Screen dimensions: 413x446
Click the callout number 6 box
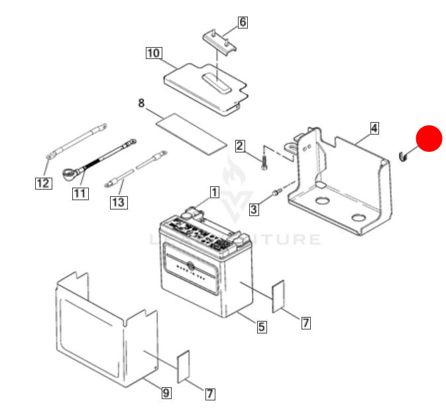tap(243, 22)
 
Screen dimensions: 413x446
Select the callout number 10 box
tap(154, 52)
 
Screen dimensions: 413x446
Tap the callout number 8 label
tap(141, 103)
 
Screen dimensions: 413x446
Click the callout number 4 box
tap(374, 127)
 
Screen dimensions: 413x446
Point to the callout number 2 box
tap(240, 146)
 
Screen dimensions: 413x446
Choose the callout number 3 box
tap(254, 210)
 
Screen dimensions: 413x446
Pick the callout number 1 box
tap(214, 192)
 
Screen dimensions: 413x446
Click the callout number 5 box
tap(262, 326)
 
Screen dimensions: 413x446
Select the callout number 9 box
tap(166, 393)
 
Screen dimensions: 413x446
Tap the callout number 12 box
tap(42, 182)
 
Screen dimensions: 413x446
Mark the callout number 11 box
tap(80, 194)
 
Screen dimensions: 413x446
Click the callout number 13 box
tap(119, 202)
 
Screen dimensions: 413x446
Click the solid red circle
tap(429, 139)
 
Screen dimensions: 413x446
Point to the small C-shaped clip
tap(402, 156)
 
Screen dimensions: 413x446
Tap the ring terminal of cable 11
tap(68, 173)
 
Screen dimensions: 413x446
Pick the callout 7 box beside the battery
tap(306, 323)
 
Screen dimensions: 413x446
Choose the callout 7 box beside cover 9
tap(209, 394)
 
